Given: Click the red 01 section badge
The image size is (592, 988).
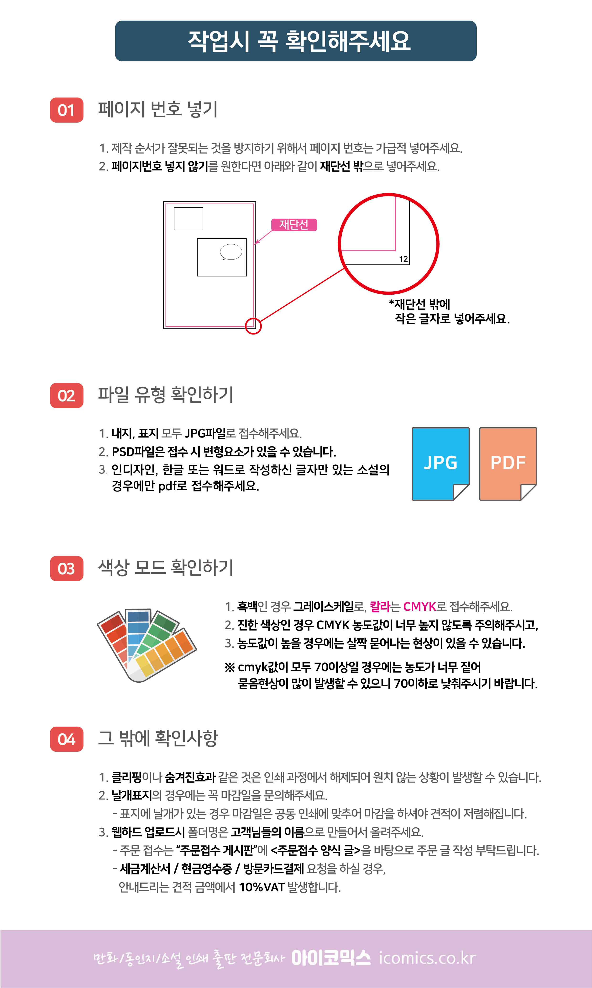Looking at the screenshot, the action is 67,110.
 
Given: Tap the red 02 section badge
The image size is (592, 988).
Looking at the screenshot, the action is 67,395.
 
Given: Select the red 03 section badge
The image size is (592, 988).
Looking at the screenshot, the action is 67,568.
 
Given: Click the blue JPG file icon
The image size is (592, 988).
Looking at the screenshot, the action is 440,464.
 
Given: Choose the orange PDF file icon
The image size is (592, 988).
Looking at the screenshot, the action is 508,464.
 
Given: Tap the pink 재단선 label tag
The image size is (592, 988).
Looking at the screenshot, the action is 294,225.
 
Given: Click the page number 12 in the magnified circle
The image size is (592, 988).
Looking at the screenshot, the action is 403,259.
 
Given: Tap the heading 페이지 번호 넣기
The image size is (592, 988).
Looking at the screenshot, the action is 158,109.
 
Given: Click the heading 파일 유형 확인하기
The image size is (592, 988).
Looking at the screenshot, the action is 166,394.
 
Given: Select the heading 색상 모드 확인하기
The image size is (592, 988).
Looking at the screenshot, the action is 166,567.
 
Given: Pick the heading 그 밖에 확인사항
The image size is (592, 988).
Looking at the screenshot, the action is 158,738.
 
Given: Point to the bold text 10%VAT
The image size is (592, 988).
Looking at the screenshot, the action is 262,887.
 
